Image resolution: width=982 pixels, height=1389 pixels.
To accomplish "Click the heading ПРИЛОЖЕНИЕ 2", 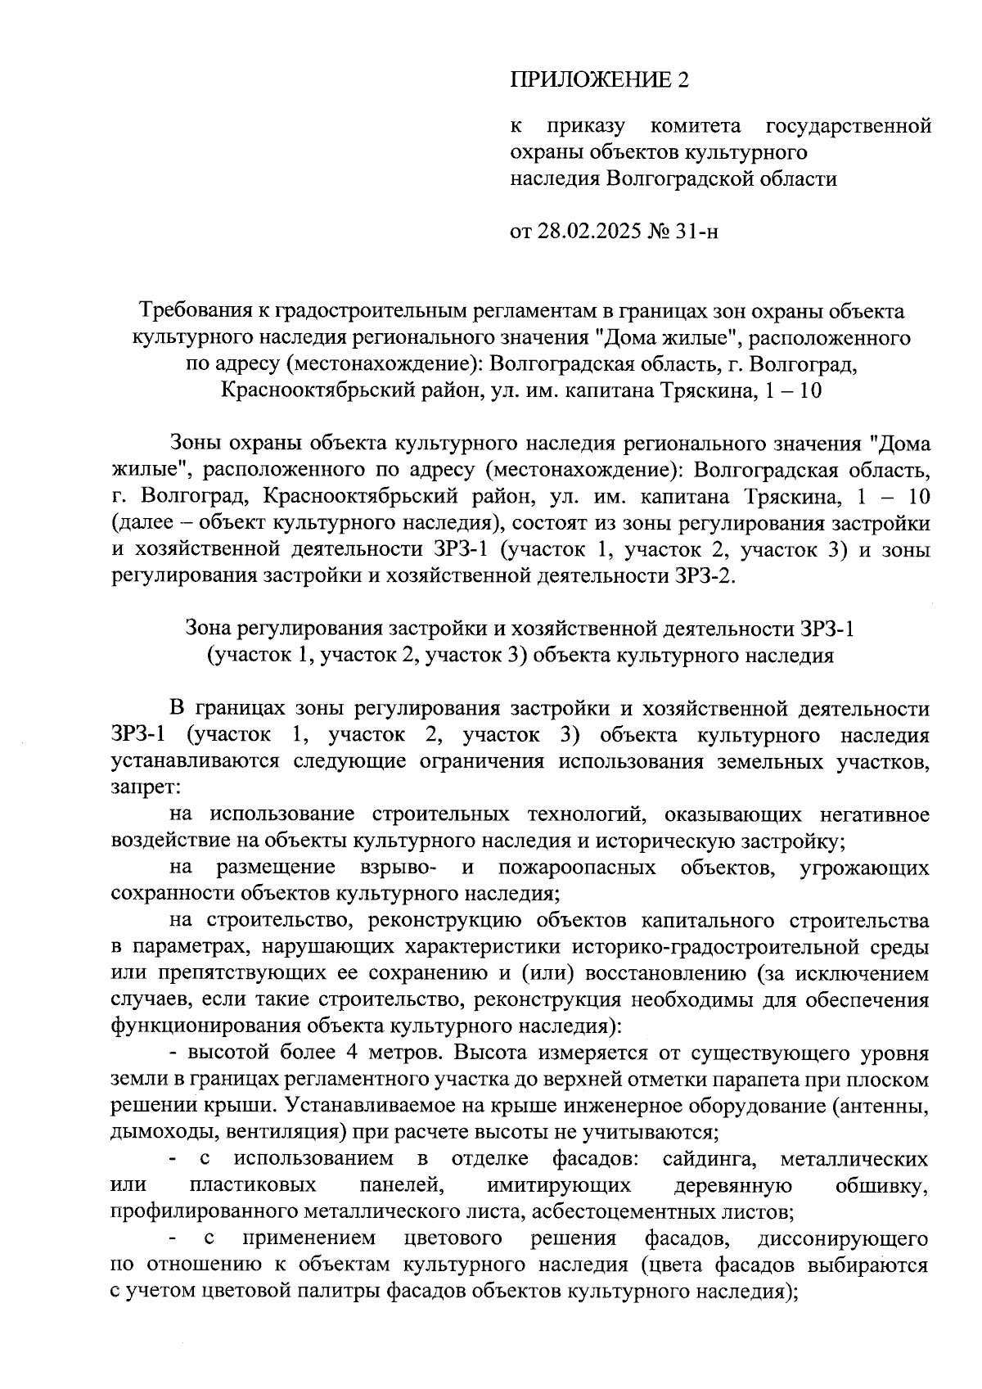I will coord(600,80).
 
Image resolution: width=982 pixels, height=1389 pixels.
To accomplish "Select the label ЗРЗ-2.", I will coord(705,575).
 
